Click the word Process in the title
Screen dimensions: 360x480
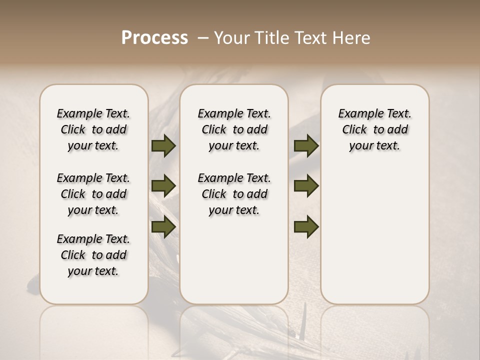154,37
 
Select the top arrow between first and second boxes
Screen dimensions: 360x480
163,146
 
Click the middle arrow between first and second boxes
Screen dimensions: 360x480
163,186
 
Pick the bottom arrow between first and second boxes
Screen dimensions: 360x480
163,226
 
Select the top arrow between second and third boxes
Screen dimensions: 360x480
306,146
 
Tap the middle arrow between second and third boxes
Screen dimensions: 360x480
306,186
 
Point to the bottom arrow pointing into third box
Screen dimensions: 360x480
306,226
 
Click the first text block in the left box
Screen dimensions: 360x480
93,129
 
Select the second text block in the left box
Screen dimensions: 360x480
93,194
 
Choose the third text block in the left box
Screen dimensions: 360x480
93,255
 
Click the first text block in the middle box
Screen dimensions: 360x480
234,129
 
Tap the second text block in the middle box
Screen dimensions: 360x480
234,194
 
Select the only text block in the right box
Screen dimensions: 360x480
374,129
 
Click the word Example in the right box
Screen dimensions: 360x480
356,114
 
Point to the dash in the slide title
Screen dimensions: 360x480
203,38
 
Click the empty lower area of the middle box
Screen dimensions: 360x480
234,260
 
